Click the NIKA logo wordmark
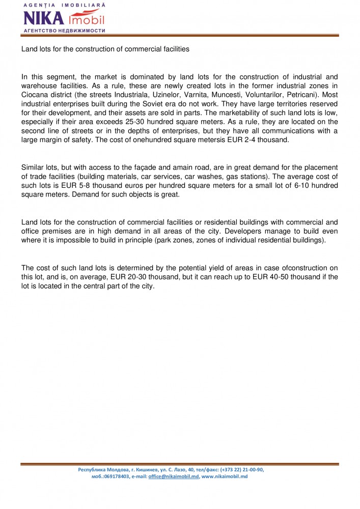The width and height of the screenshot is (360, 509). pyautogui.click(x=44, y=18)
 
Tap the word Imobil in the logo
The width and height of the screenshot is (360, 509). pyautogui.click(x=86, y=19)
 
